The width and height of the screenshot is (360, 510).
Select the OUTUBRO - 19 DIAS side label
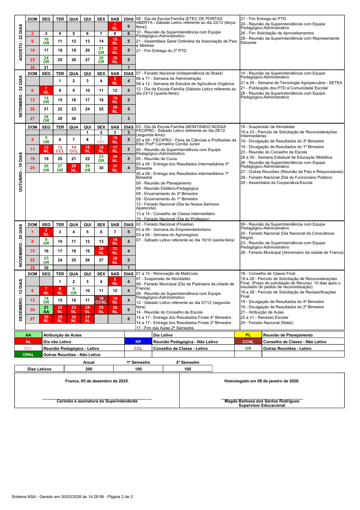(x=20, y=172)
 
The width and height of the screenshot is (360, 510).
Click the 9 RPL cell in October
(x=101, y=140)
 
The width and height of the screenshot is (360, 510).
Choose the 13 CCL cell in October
(x=60, y=149)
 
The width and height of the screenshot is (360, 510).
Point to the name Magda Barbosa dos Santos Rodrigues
(x=262, y=401)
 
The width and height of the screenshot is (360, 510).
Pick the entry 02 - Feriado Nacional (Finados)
(x=165, y=224)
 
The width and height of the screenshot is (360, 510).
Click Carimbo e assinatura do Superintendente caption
(x=97, y=401)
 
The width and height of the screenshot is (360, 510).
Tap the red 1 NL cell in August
(x=115, y=26)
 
